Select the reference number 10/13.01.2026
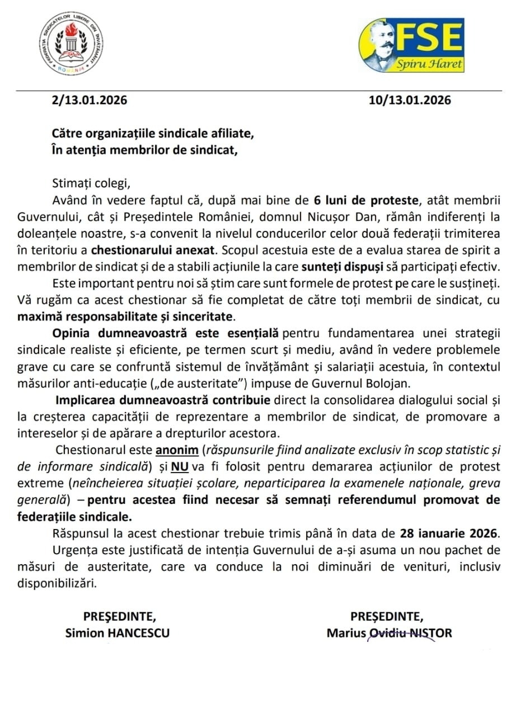coord(410,101)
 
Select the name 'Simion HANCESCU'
coord(118,633)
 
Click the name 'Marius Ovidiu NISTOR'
coord(390,633)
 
